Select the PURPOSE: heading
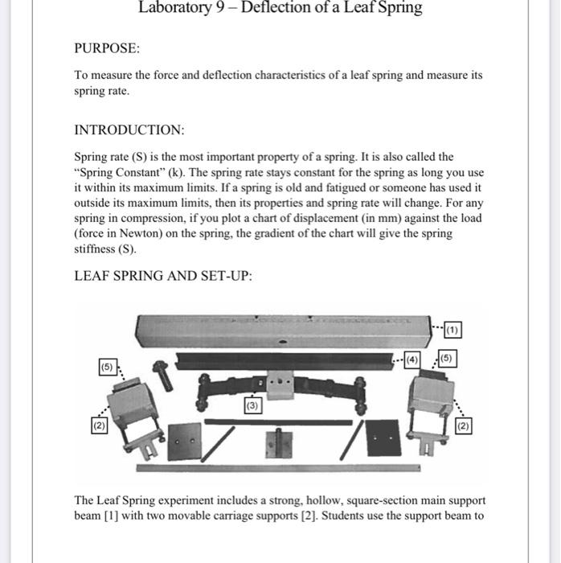point(107,48)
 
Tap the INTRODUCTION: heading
point(129,129)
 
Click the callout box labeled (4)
point(412,359)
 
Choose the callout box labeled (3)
point(253,407)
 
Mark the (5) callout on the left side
point(107,368)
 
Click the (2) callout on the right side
point(464,425)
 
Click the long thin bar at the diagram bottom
point(277,467)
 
